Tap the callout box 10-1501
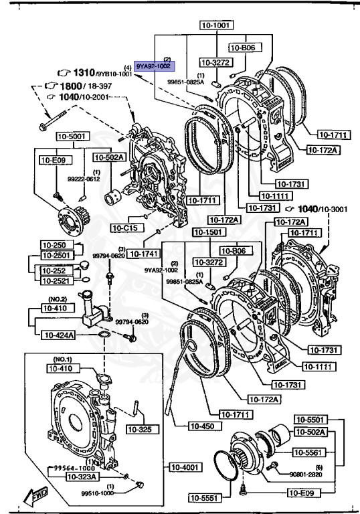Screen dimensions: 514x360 tap(207, 232)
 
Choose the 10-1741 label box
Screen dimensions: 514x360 tap(143, 254)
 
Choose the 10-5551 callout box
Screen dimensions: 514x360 tap(203, 497)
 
